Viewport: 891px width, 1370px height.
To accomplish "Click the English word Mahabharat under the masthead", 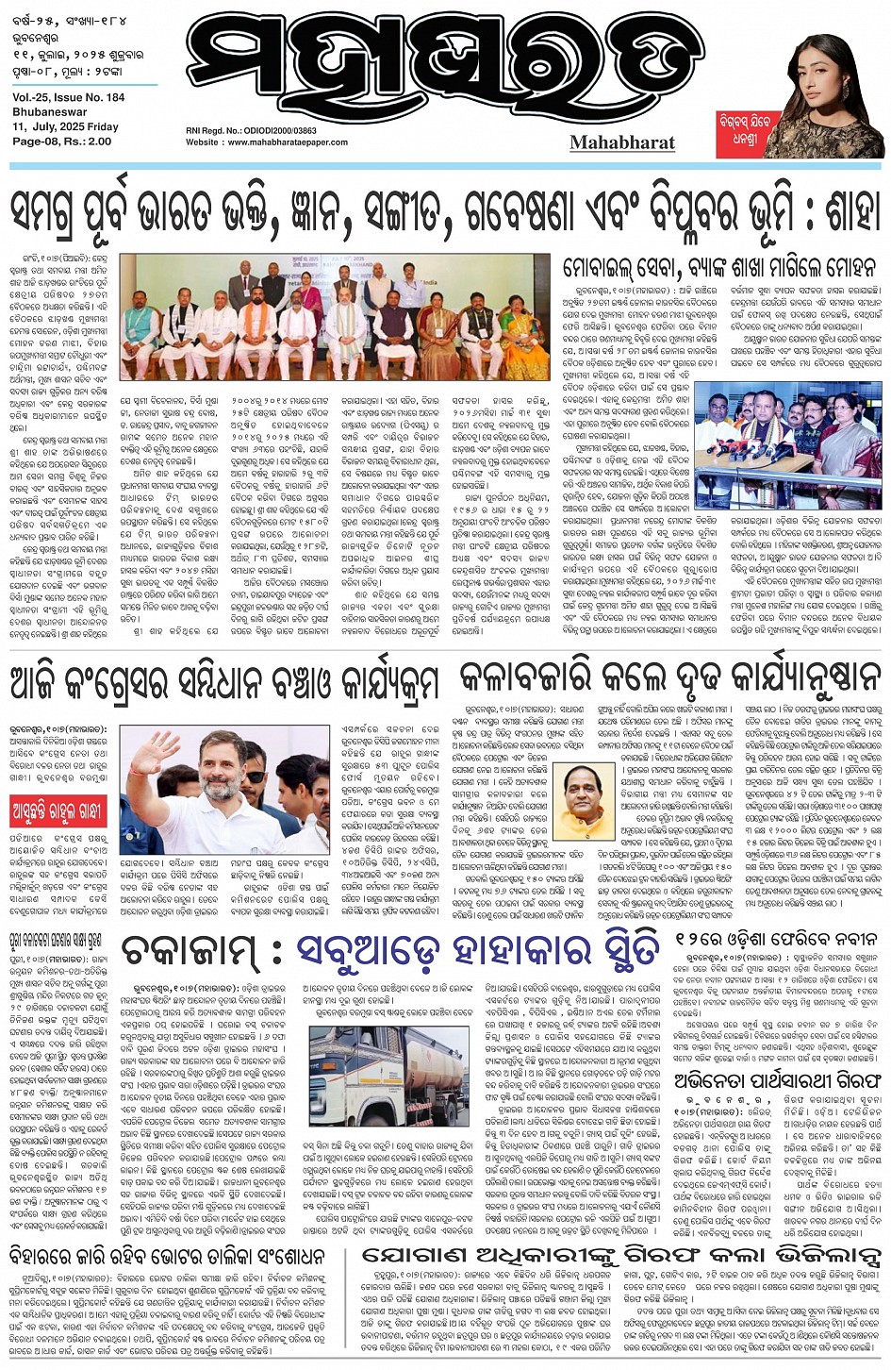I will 621,142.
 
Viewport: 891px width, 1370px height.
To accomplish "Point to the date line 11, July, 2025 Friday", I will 66,126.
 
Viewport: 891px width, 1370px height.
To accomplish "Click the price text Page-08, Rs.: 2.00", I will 62,141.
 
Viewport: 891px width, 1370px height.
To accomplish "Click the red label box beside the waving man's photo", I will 56,810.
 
